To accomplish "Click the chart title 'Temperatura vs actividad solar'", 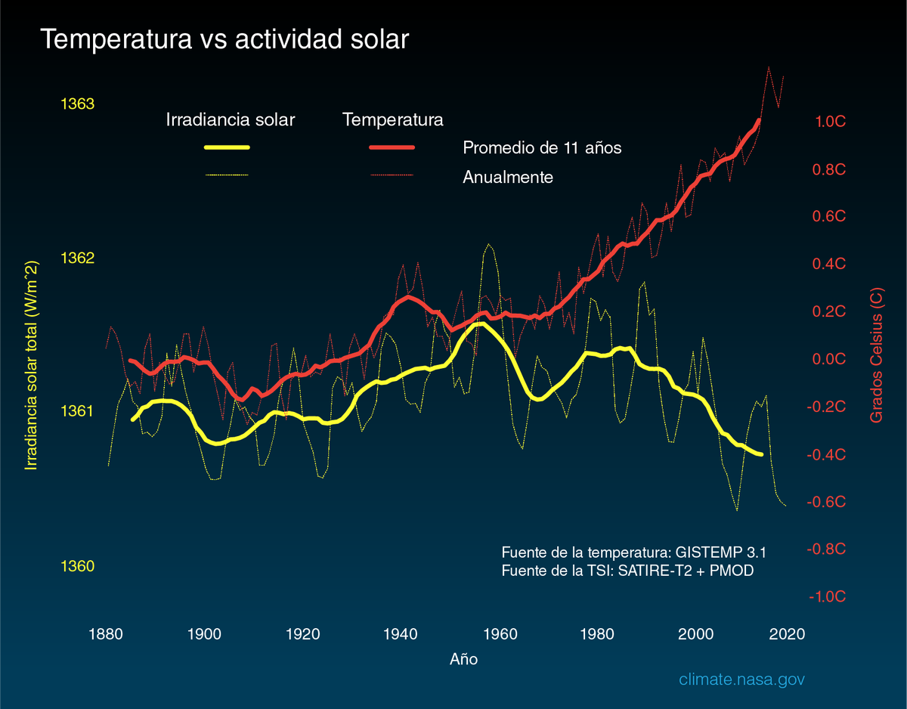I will pyautogui.click(x=224, y=40).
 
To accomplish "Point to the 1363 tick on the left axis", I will pyautogui.click(x=76, y=104).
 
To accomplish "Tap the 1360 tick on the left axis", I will pyautogui.click(x=76, y=567).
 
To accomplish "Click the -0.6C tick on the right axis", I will pyautogui.click(x=827, y=503).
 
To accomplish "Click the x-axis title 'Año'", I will pyautogui.click(x=463, y=659).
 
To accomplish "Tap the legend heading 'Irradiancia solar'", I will pyautogui.click(x=231, y=119).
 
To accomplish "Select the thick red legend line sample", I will pyautogui.click(x=392, y=147).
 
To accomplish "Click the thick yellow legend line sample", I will pyautogui.click(x=228, y=147).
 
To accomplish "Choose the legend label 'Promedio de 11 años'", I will pyautogui.click(x=542, y=147).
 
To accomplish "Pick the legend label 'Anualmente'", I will pyautogui.click(x=508, y=178).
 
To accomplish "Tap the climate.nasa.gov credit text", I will pyautogui.click(x=741, y=680).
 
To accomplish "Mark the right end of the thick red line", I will pyautogui.click(x=759, y=121).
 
